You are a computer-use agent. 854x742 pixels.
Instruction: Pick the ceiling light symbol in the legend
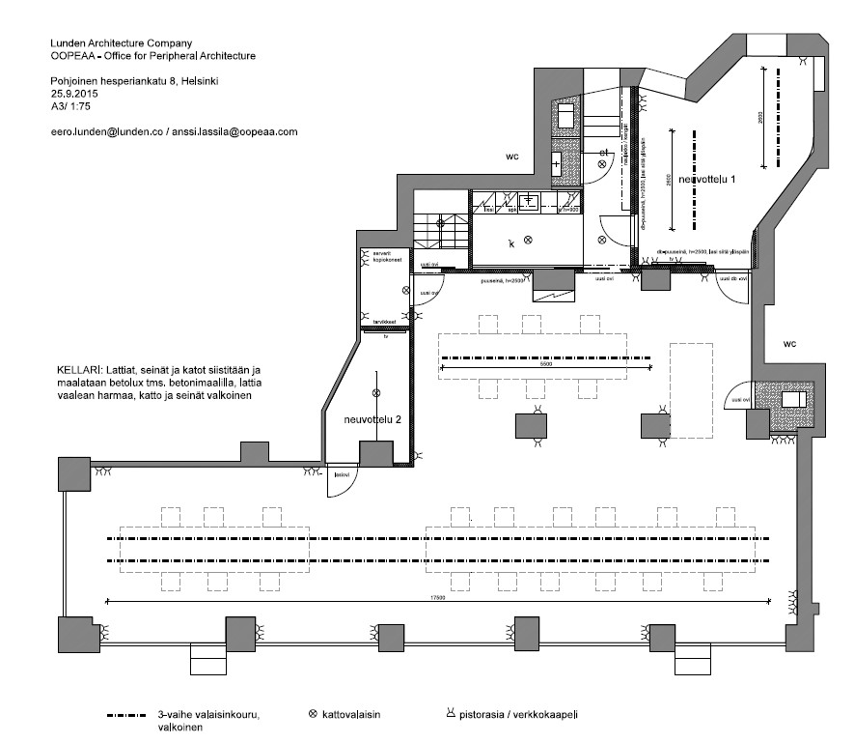click(x=312, y=715)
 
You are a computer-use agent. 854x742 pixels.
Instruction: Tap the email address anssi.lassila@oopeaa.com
click(x=237, y=130)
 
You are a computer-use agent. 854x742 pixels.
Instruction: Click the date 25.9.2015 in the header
click(x=74, y=95)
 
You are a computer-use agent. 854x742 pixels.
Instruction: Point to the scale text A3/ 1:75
click(x=70, y=107)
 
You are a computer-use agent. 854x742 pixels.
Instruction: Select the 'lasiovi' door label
click(x=341, y=474)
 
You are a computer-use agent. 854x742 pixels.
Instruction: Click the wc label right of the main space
click(x=789, y=343)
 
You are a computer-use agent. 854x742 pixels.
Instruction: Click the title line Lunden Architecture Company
click(x=121, y=43)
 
